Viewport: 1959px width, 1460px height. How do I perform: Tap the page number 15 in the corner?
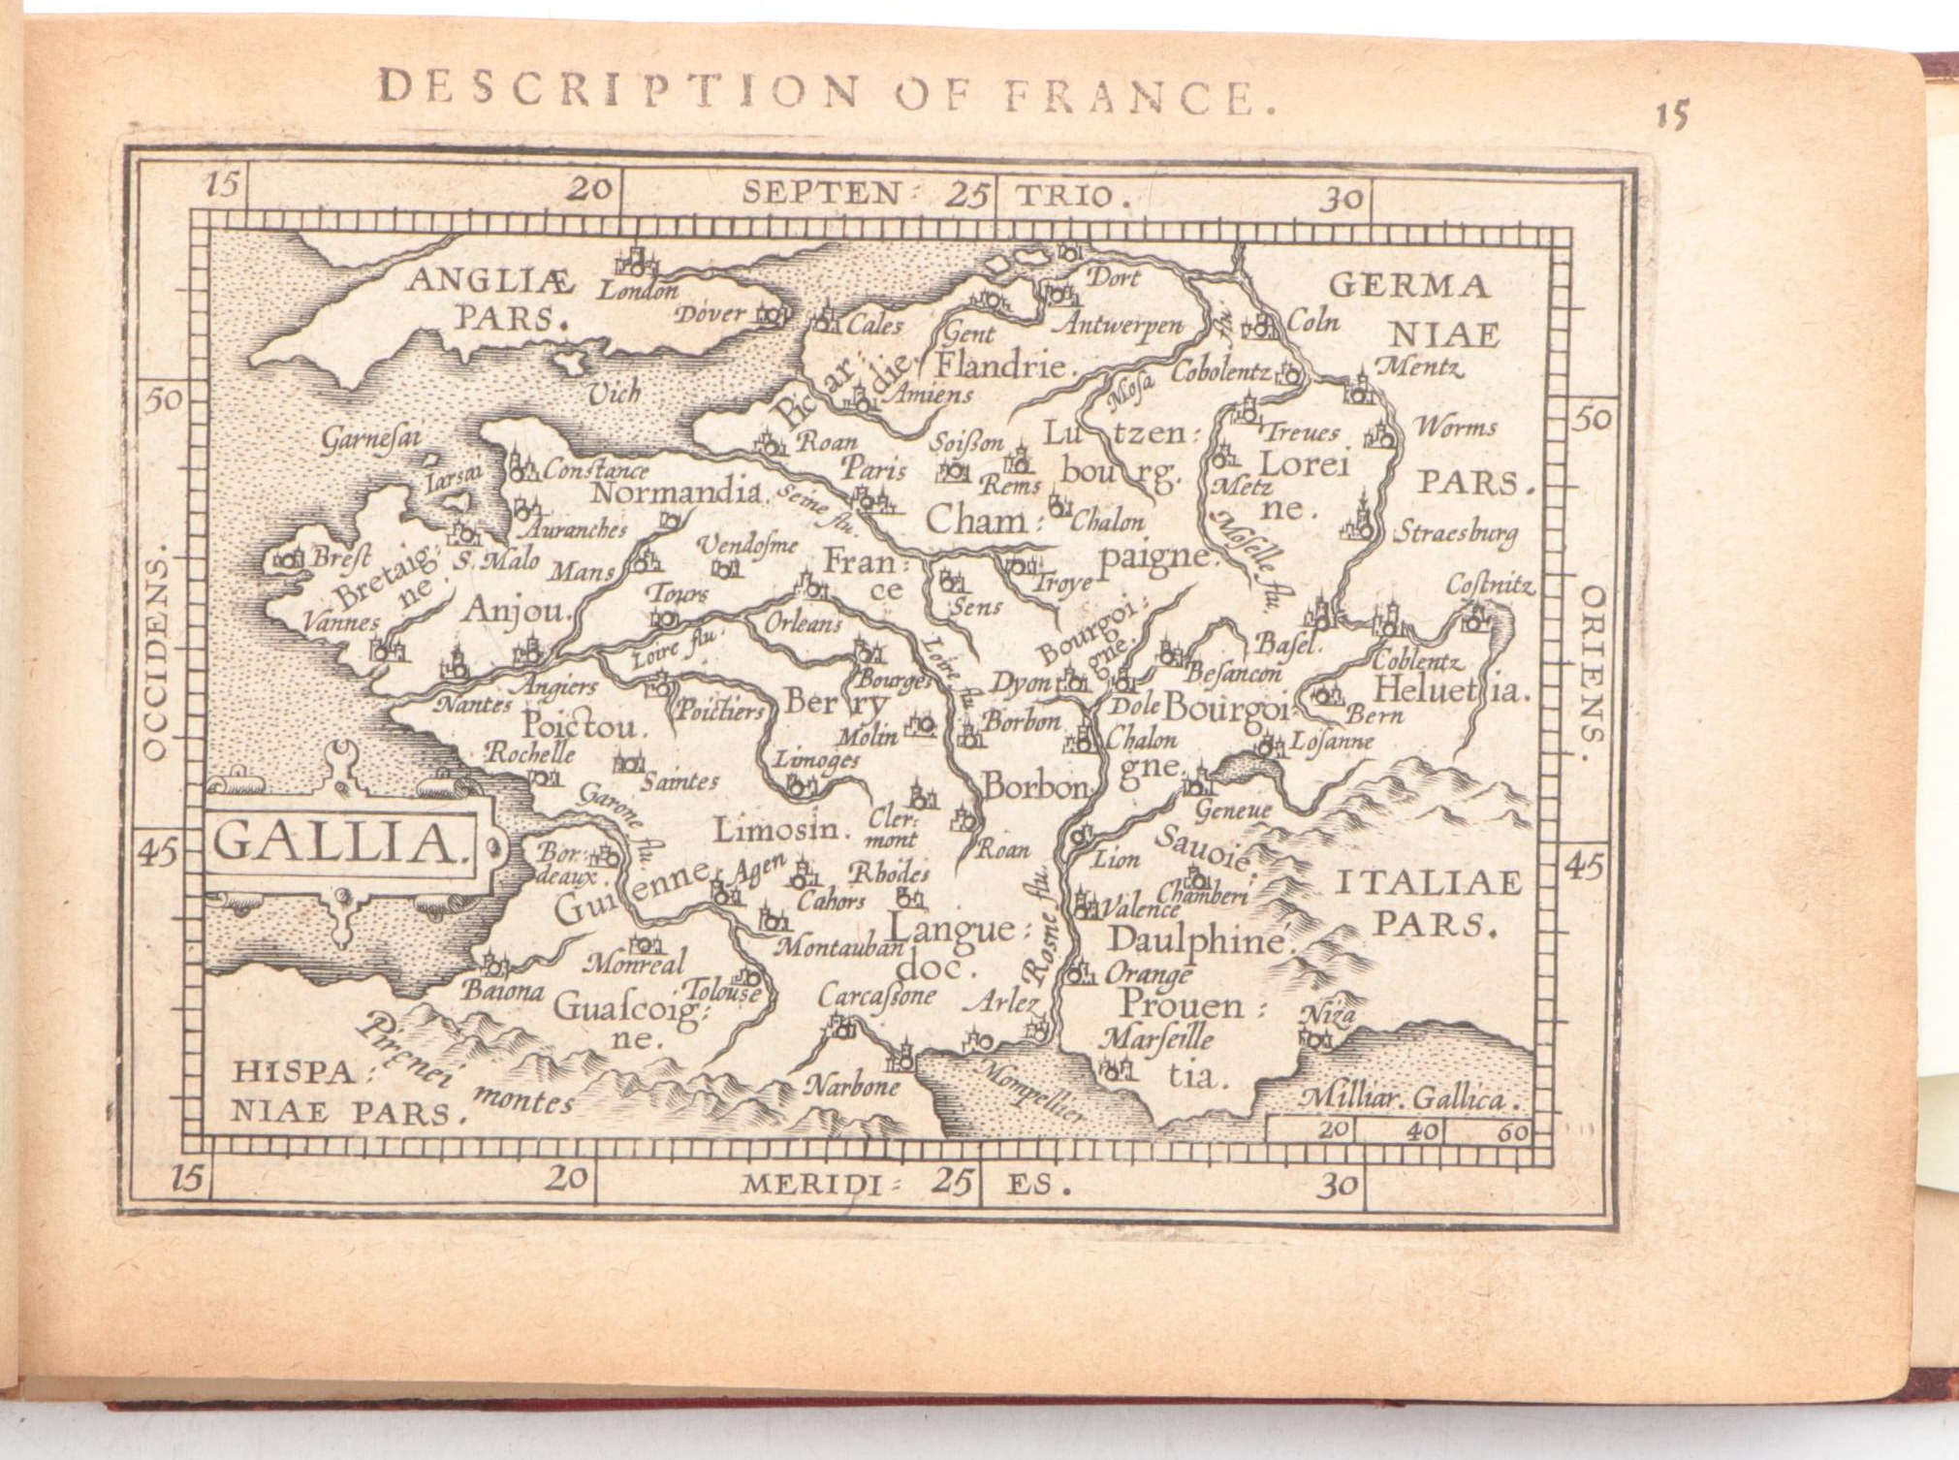coord(1670,116)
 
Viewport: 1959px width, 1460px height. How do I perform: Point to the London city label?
coord(637,289)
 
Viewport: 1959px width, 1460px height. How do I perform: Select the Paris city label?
coord(872,469)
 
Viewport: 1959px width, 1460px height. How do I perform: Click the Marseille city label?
coord(1156,1039)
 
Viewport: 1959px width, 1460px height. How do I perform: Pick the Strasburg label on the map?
coord(1455,532)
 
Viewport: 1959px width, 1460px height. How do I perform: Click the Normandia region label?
coord(678,492)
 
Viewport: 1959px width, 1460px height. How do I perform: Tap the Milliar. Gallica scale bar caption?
coord(1406,1098)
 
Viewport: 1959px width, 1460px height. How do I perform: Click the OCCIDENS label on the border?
coord(156,658)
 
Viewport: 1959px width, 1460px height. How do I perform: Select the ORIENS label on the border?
coord(1592,662)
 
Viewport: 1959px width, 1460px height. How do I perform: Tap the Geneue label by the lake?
coord(1233,809)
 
